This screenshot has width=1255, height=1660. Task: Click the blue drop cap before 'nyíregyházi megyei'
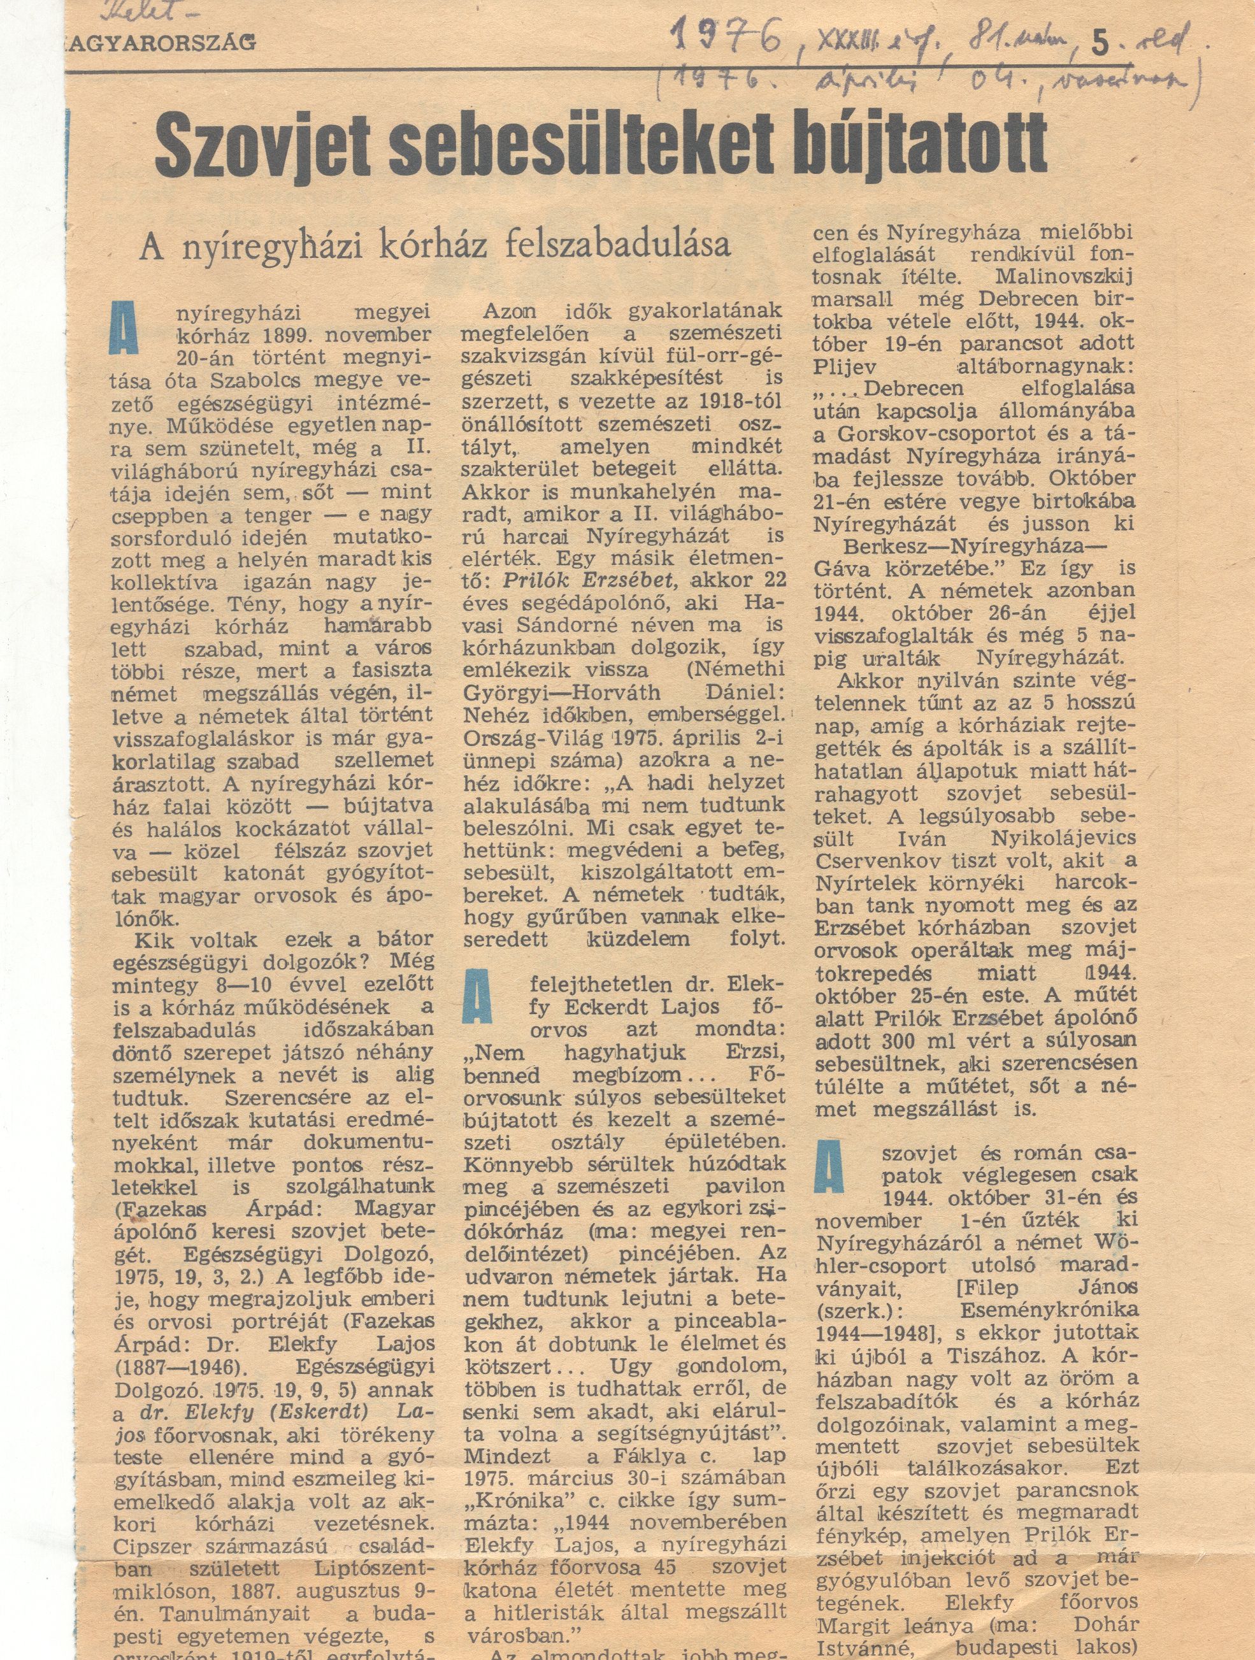tap(125, 328)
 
